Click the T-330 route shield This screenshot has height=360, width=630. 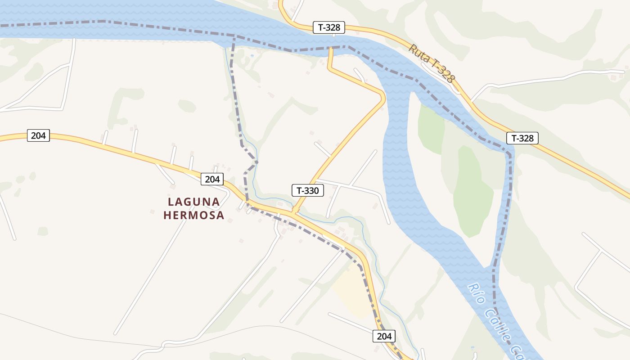pyautogui.click(x=308, y=190)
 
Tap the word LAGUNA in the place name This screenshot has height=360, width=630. pyautogui.click(x=194, y=202)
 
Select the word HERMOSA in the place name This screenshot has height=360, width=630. pyautogui.click(x=194, y=216)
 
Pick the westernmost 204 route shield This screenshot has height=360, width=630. pyautogui.click(x=38, y=135)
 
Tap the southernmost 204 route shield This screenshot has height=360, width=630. pyautogui.click(x=384, y=336)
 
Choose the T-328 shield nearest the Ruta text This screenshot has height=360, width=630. pyautogui.click(x=329, y=27)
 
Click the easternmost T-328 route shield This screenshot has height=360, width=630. pyautogui.click(x=522, y=138)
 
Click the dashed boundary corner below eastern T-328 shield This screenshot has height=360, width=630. pyautogui.click(x=509, y=154)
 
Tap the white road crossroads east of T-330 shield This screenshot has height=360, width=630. pyautogui.click(x=349, y=185)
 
